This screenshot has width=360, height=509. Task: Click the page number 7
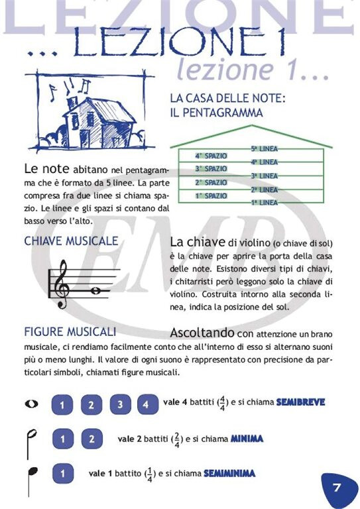click(x=337, y=488)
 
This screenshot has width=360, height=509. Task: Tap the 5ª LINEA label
click(x=264, y=149)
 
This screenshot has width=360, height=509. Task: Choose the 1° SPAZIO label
click(x=211, y=196)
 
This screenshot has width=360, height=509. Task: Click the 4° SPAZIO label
click(x=211, y=156)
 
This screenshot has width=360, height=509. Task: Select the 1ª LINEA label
click(x=264, y=203)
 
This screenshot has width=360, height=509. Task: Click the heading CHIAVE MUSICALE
click(x=71, y=241)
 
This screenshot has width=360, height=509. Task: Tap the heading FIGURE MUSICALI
click(x=70, y=331)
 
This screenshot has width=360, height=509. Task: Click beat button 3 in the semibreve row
click(x=120, y=404)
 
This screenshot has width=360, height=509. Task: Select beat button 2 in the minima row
click(x=91, y=439)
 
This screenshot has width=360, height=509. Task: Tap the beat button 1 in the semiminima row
click(x=62, y=474)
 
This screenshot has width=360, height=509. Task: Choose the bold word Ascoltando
click(x=202, y=332)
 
